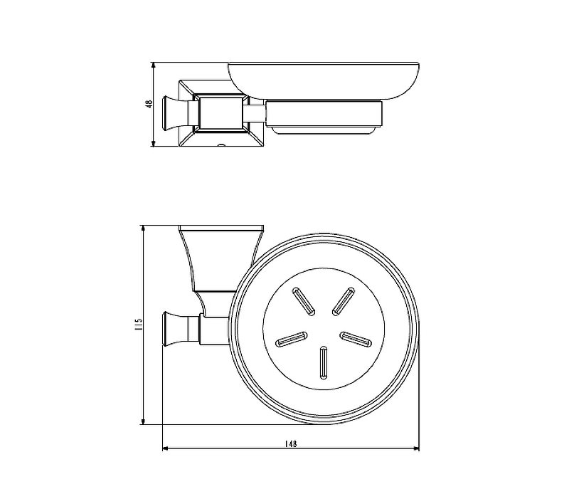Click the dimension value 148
(x=291, y=443)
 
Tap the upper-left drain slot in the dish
(x=304, y=300)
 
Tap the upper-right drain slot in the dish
(x=344, y=301)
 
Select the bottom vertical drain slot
(x=324, y=362)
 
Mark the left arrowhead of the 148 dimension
(x=166, y=449)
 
